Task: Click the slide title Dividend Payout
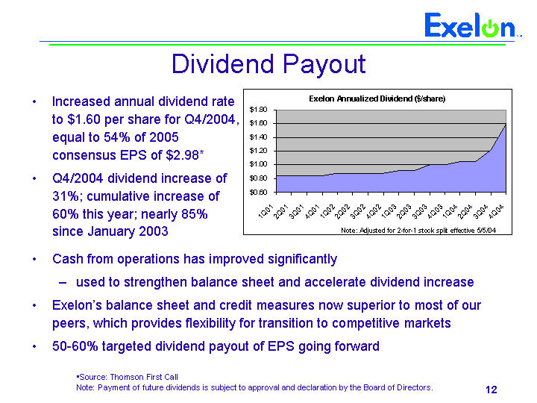click(x=268, y=64)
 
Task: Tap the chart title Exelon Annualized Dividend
click(x=377, y=99)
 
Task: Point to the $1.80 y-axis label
click(x=259, y=110)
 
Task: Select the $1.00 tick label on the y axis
click(x=259, y=164)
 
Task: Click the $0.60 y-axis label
click(x=259, y=192)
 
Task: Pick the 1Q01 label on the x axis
click(x=266, y=211)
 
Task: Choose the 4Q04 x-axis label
click(x=496, y=211)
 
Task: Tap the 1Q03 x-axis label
click(x=389, y=211)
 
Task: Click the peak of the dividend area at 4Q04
click(x=506, y=124)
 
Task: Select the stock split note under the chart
click(x=418, y=231)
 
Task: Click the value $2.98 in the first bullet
click(x=183, y=155)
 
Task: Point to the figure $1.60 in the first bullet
click(x=84, y=119)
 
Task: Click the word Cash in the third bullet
click(x=66, y=259)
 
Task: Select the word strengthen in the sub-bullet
click(x=156, y=282)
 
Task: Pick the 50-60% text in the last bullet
click(x=75, y=346)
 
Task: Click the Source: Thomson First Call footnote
click(x=127, y=378)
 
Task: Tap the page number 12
click(x=491, y=390)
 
